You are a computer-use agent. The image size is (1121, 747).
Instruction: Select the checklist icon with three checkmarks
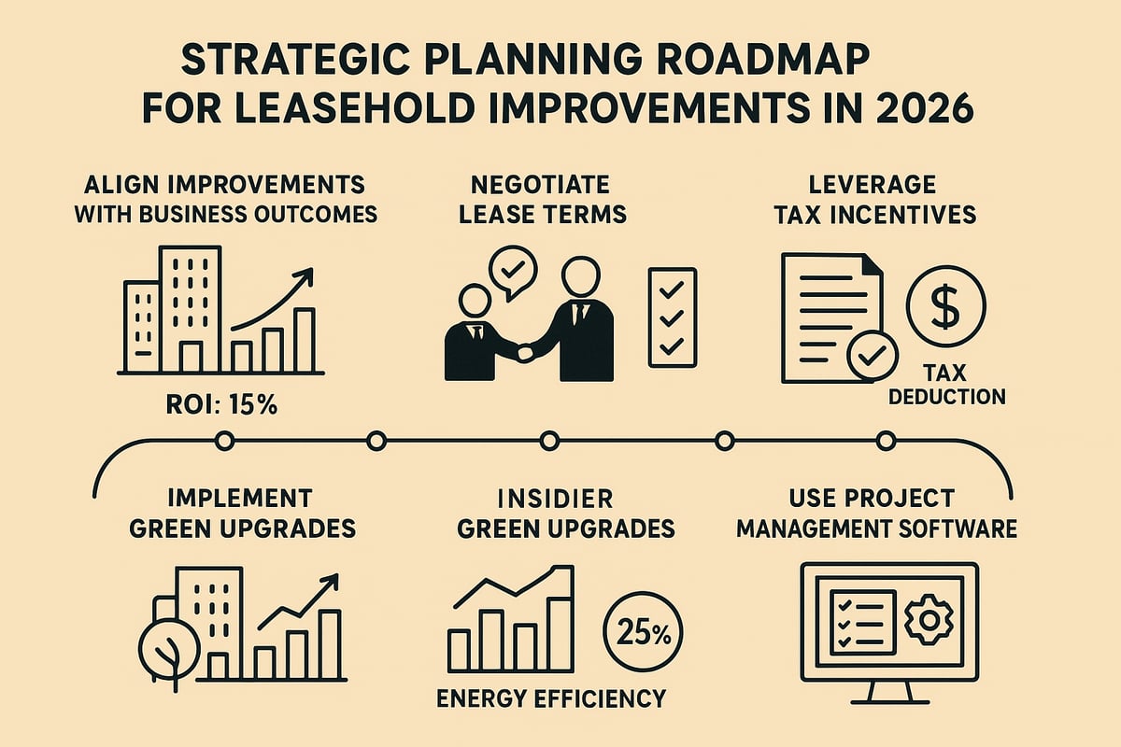click(672, 317)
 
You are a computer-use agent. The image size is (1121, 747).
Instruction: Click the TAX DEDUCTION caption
click(946, 385)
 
